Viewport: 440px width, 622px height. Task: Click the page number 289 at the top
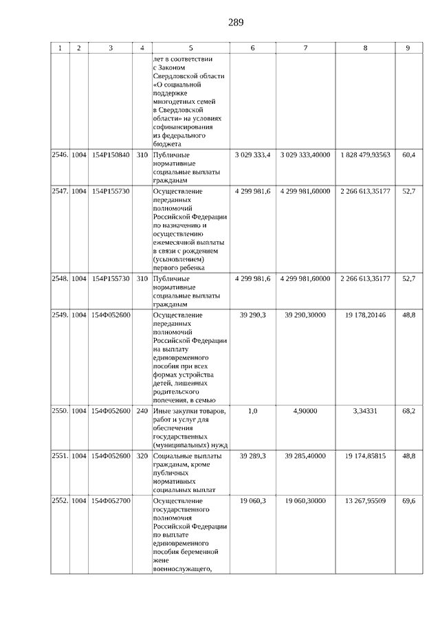235,22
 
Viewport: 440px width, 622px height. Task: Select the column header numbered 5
190,48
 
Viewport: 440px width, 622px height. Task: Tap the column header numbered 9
408,48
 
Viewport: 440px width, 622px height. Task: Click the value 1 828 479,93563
364,155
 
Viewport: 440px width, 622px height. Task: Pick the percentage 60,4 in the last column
408,155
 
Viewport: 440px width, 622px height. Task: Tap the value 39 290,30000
305,314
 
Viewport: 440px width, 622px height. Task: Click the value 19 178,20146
364,314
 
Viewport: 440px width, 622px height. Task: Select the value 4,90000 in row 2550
305,410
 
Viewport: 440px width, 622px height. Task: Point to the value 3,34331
364,410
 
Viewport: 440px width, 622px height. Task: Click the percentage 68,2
408,410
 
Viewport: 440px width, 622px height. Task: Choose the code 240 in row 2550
142,410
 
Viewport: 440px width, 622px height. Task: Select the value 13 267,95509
364,501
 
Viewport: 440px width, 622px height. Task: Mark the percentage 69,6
408,501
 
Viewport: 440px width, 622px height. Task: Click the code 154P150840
111,155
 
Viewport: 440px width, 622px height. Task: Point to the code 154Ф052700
111,501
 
